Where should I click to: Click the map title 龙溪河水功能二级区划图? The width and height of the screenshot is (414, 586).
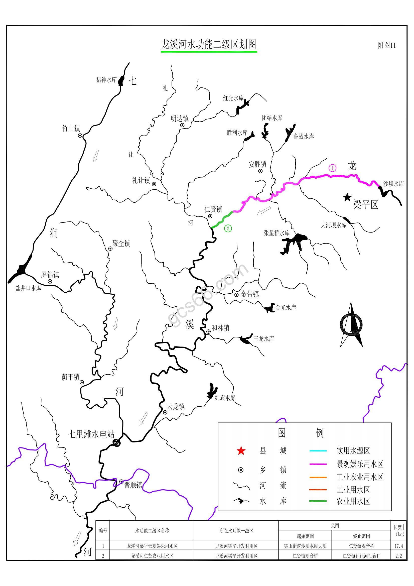[x=208, y=44]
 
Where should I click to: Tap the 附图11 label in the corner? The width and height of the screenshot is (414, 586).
[x=386, y=45]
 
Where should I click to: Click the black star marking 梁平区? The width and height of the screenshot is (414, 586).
[x=347, y=197]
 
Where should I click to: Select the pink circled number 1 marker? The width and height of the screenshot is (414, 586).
[x=332, y=168]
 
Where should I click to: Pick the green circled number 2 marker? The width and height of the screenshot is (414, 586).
[x=228, y=228]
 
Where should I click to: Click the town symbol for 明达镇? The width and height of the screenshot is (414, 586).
[x=182, y=125]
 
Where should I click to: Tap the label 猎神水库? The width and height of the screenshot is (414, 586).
[x=106, y=80]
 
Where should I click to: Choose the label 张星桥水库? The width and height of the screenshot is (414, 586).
[x=277, y=233]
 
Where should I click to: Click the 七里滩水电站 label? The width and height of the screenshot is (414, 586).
[x=91, y=434]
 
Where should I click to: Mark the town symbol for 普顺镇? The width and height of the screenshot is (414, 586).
[x=121, y=482]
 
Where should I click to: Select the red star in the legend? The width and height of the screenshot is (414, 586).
[x=241, y=451]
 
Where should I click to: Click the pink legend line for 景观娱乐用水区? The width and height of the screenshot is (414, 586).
[x=318, y=464]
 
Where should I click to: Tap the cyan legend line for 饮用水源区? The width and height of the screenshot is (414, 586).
[x=318, y=451]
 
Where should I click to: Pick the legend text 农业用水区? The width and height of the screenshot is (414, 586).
[x=353, y=501]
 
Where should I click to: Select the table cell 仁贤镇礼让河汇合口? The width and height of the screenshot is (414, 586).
[x=361, y=556]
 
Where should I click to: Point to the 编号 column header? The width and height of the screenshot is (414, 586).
[x=103, y=531]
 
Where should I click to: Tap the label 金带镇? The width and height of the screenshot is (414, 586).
[x=250, y=294]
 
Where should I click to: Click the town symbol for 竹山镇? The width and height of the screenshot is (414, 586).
[x=80, y=136]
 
